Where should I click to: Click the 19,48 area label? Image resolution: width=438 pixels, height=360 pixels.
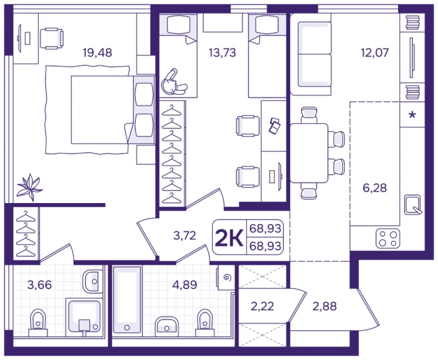97,52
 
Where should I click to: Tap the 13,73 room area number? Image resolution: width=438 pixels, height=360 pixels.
222,52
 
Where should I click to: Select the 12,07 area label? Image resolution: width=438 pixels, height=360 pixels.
374,52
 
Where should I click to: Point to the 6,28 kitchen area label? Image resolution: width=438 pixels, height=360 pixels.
374,187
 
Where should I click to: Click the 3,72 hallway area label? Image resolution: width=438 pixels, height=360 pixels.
185,235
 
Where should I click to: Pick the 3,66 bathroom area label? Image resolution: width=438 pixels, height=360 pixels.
39,285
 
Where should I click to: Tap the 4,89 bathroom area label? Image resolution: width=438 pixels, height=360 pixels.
185,285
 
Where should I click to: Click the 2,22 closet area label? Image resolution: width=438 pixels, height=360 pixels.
262,307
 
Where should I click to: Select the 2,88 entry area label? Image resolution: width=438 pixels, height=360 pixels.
324,307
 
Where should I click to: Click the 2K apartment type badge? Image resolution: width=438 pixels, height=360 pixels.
229,238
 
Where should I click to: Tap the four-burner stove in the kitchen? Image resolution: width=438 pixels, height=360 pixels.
388,239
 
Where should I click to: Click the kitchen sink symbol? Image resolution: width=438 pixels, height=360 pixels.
413,205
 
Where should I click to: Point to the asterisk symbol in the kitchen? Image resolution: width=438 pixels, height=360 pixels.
412,115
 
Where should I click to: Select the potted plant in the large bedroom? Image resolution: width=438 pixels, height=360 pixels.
29,187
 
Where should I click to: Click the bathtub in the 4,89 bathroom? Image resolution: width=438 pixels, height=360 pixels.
127,300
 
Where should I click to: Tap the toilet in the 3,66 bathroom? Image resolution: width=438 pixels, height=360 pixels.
39,323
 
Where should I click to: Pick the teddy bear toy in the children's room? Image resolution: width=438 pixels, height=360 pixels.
173,83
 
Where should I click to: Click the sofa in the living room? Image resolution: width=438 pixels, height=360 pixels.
311,55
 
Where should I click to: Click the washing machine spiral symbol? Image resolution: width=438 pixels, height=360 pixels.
227,277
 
